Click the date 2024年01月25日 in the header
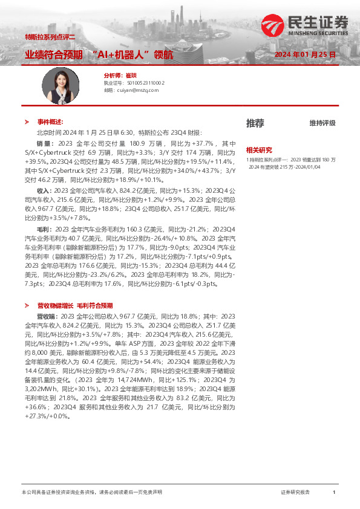click(x=304, y=54)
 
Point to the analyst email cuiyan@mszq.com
click(x=131, y=89)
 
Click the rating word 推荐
click(x=255, y=123)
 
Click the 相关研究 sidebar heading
click(x=258, y=149)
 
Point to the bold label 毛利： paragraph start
click(x=45, y=230)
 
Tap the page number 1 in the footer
click(x=334, y=493)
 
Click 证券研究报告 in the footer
click(x=295, y=493)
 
